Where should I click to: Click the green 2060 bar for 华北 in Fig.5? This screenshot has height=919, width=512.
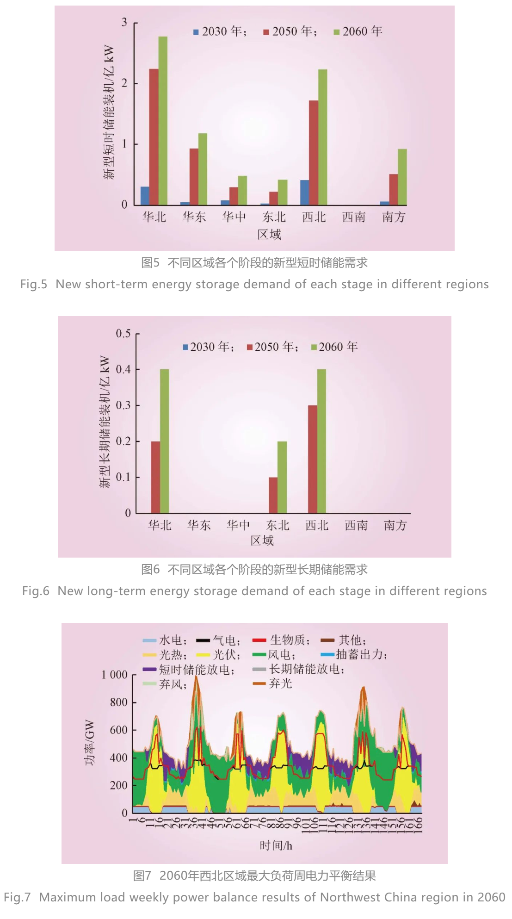[163, 120]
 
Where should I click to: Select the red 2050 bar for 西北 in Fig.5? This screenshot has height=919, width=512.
[314, 153]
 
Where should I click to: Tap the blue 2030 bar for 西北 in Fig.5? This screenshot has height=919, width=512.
[305, 192]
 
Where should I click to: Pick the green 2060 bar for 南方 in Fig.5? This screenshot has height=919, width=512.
[402, 177]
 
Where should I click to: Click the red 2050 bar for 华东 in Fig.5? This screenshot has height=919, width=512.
[194, 177]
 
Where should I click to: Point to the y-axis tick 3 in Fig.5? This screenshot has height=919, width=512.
[124, 22]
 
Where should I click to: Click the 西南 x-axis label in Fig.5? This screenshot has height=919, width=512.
[354, 217]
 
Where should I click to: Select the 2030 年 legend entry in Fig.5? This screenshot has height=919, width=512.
[220, 31]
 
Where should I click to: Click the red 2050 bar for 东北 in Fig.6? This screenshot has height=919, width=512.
[273, 495]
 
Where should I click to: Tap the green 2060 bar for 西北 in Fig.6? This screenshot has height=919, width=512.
[322, 441]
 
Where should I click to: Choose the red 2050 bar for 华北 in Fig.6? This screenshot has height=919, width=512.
[155, 477]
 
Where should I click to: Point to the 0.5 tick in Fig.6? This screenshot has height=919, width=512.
[123, 334]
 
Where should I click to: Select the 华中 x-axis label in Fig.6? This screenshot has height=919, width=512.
[238, 525]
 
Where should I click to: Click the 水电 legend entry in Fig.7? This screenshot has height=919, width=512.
[165, 640]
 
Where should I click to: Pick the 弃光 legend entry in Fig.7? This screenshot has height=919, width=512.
[273, 683]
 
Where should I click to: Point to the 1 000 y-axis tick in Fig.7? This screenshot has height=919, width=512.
[114, 675]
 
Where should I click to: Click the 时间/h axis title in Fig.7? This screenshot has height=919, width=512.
[276, 846]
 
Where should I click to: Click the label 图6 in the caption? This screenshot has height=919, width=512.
[150, 570]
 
